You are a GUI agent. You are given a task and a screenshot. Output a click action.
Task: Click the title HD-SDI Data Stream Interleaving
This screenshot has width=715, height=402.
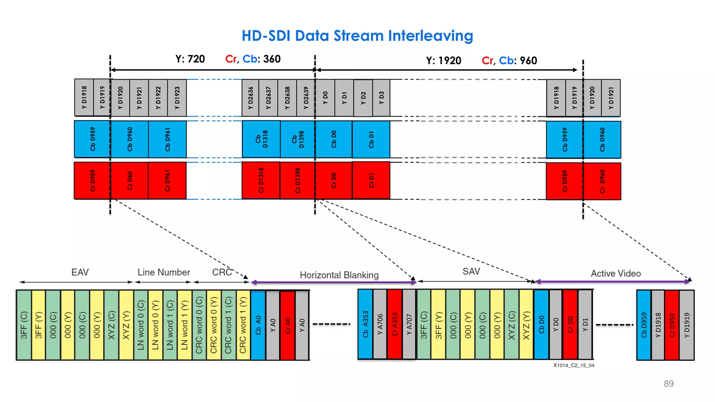357,36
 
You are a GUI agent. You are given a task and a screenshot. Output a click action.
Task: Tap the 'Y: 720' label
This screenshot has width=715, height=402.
190,59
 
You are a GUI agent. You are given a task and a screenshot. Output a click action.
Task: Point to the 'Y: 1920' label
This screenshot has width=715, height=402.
443,61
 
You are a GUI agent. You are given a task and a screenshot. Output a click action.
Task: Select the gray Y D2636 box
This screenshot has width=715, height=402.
250,98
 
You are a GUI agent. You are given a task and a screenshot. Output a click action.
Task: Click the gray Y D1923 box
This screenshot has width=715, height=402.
177,98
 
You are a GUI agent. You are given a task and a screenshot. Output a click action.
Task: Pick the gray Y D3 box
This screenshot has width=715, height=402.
381,98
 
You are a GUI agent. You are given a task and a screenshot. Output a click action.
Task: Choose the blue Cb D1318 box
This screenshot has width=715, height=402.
261,139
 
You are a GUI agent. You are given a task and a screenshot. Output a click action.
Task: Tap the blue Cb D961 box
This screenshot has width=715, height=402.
167,139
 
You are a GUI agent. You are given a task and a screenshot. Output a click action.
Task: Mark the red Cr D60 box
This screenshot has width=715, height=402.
130,180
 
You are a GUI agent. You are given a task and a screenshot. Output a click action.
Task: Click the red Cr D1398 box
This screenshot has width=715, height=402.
297,180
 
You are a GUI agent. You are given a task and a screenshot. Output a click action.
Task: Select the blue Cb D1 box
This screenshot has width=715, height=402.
371,139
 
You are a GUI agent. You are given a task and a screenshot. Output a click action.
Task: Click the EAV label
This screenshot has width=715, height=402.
80,272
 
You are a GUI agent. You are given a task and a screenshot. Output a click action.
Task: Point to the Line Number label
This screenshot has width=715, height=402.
164,272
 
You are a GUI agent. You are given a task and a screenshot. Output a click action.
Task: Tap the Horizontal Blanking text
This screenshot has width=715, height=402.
339,275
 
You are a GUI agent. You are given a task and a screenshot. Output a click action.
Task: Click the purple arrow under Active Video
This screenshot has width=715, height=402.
613,281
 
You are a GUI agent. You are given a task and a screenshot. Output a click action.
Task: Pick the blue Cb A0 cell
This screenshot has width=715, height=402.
258,325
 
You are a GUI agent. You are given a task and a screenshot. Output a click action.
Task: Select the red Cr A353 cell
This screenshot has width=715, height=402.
395,324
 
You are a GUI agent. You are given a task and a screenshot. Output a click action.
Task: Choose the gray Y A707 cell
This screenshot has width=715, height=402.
409,324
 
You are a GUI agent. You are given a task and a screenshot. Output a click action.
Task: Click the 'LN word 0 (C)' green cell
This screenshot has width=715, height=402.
141,325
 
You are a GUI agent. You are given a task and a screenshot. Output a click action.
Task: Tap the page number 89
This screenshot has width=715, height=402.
669,384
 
